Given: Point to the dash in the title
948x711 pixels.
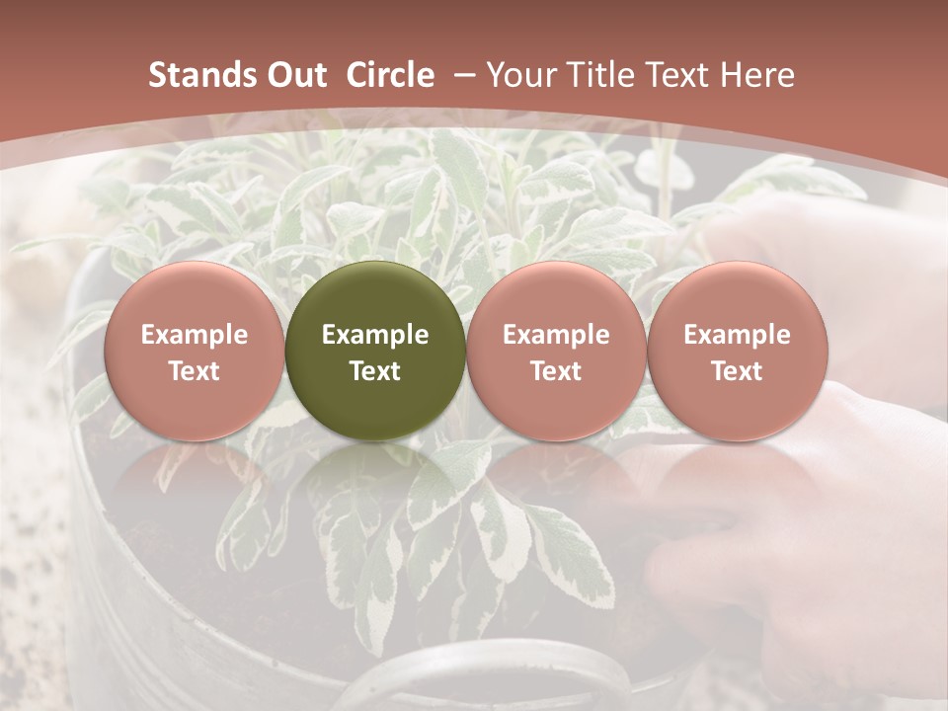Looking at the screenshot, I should tap(462, 76).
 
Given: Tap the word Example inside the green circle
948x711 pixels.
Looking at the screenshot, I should tap(375, 335).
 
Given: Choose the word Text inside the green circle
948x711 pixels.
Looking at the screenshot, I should tap(375, 371).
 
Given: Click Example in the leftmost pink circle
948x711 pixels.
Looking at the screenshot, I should tap(195, 335).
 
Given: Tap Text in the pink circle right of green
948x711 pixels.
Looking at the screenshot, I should tap(556, 371).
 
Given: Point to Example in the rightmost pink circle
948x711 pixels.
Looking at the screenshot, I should tap(737, 335).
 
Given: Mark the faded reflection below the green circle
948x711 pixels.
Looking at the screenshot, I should tap(375, 484).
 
